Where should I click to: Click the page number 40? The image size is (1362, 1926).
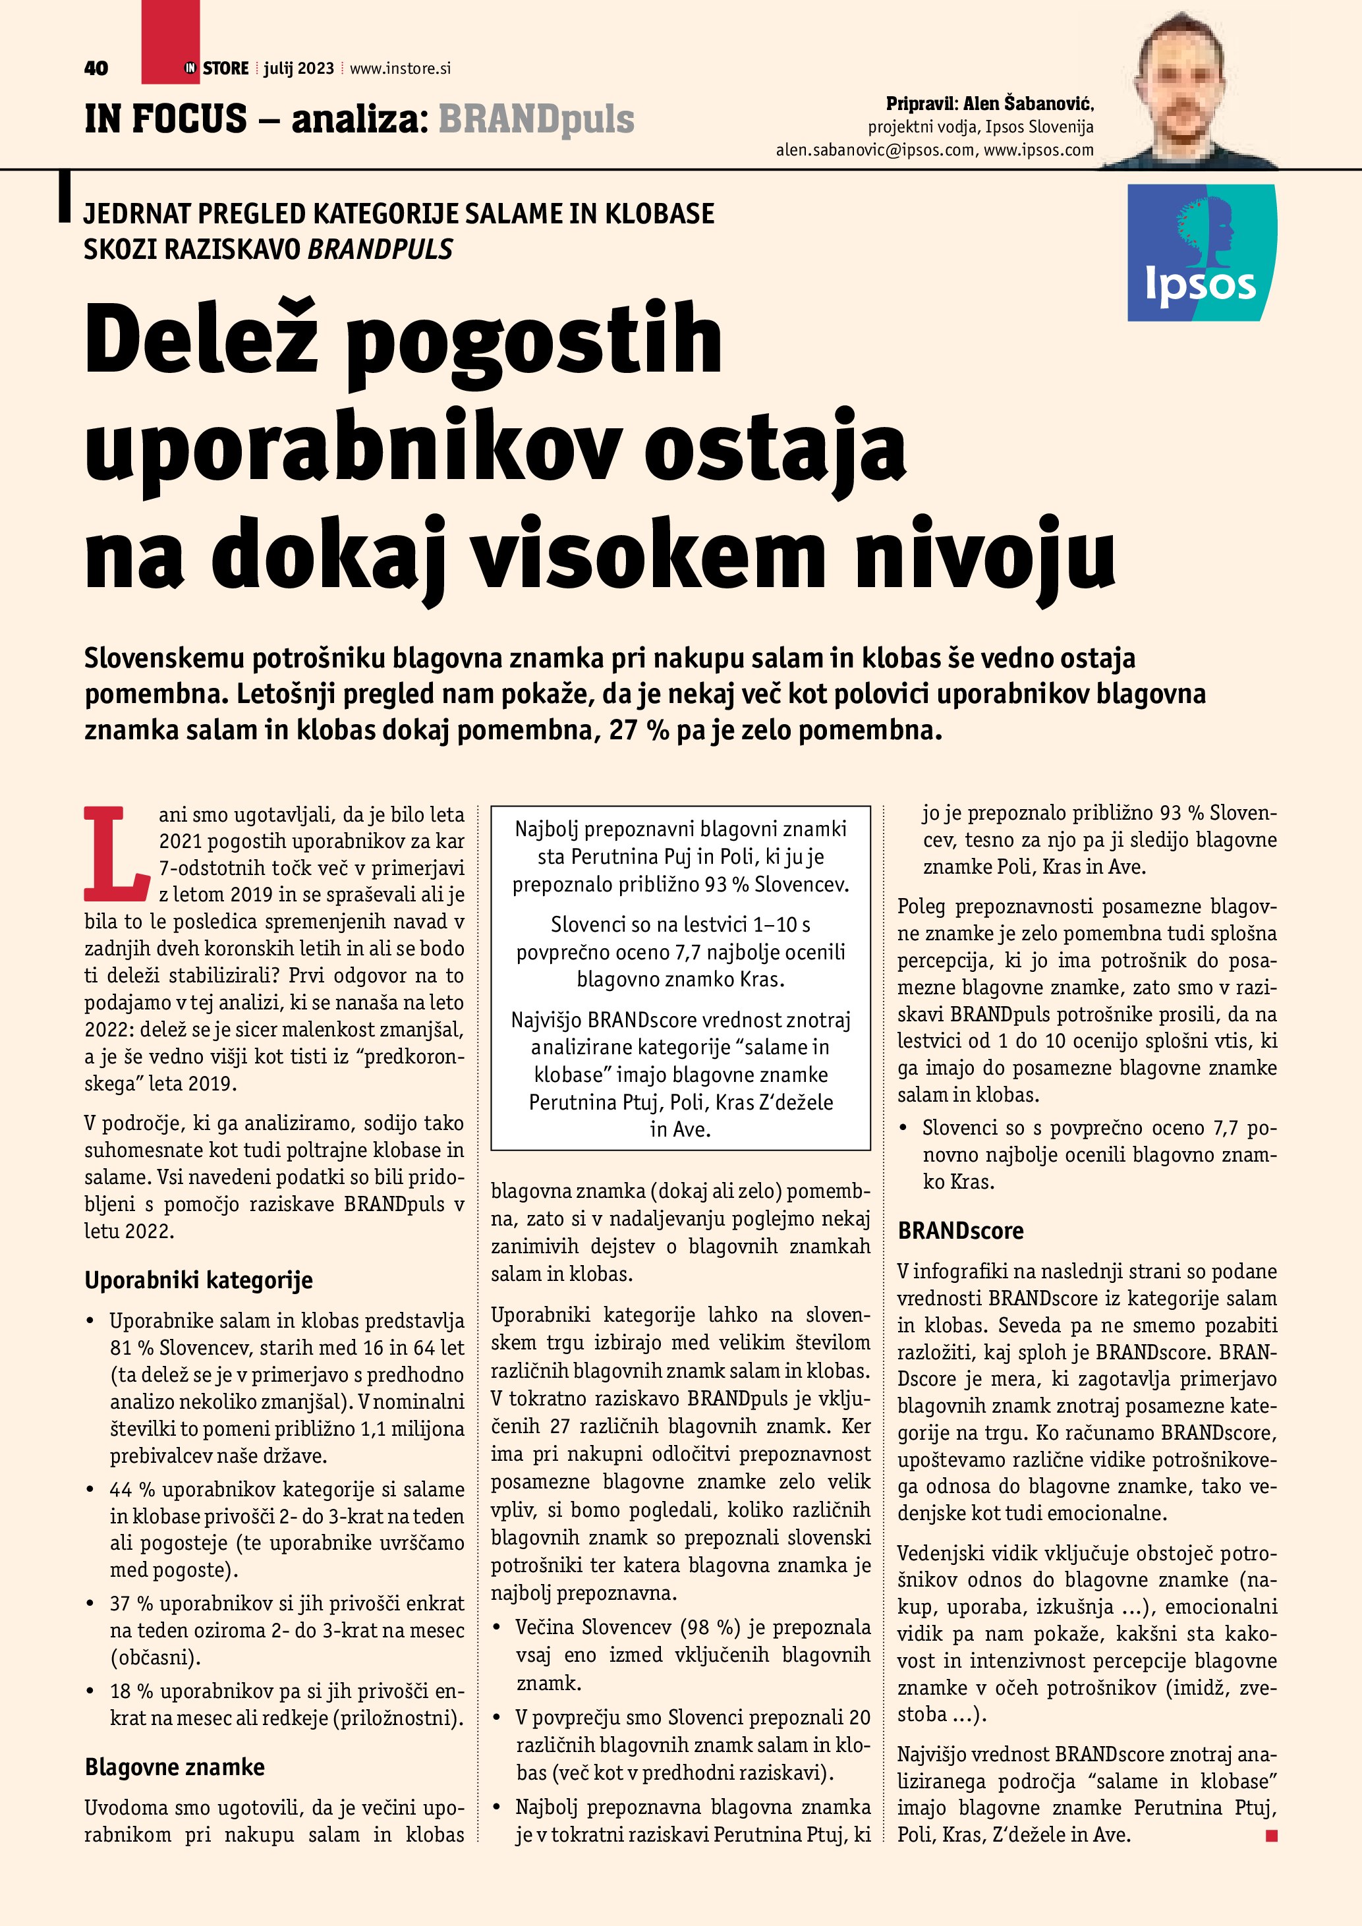(96, 69)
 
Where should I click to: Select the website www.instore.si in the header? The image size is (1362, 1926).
(400, 69)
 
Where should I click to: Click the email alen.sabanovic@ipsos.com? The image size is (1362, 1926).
(875, 150)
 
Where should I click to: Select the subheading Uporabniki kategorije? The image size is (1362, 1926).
(199, 1280)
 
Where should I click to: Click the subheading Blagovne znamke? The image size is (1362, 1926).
(175, 1767)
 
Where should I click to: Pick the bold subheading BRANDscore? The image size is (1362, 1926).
(960, 1231)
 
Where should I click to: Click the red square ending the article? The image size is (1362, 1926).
(1272, 1836)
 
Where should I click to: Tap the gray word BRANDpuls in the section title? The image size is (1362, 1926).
(536, 119)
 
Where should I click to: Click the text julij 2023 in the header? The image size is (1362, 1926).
(298, 69)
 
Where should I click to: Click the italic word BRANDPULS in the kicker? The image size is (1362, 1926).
(381, 249)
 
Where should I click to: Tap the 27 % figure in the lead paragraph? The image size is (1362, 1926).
(639, 730)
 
